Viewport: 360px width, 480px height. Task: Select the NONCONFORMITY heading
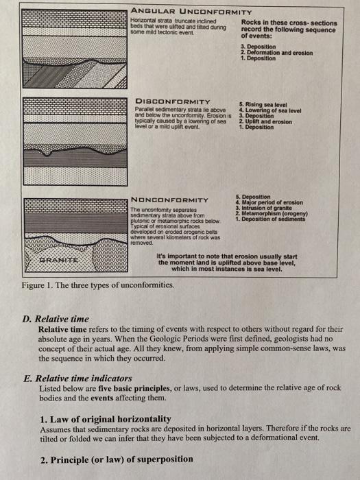tap(169, 200)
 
